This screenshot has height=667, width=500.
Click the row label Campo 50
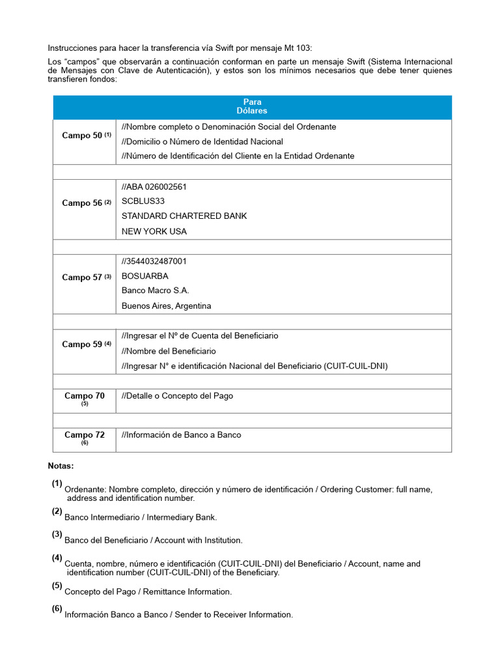pos(83,135)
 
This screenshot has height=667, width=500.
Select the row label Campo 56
pos(83,203)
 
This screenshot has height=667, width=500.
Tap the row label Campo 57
pos(83,277)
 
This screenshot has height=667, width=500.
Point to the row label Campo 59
pos(83,344)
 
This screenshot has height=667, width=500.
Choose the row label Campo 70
pos(84,396)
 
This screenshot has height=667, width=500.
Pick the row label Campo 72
pos(84,435)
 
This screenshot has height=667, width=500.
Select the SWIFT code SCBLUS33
pos(143,201)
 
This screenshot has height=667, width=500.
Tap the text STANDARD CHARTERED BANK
pos(184,216)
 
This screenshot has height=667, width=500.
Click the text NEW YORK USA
pos(154,231)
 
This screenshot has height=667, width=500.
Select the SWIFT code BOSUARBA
pos(145,276)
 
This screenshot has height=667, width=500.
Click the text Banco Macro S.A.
pos(156,291)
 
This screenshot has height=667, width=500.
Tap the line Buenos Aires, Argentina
pos(167,306)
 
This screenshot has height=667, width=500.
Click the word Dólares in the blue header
pos(252,111)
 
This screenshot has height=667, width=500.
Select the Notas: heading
pos(61,466)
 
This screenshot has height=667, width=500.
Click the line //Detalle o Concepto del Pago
pos(177,396)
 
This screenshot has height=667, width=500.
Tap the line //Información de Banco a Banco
pos(181,435)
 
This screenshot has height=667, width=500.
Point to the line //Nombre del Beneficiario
pos(169,351)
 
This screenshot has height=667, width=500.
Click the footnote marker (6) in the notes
pos(57,609)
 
